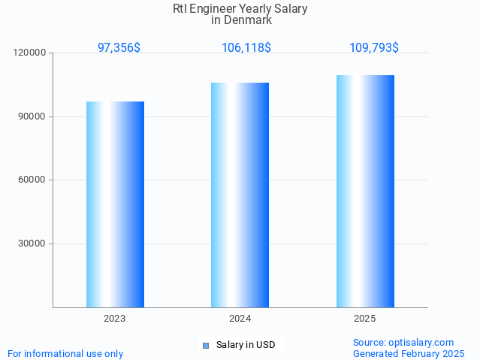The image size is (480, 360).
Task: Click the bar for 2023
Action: [115, 204]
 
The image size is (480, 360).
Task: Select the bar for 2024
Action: [240, 195]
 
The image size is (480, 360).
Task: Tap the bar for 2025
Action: [365, 191]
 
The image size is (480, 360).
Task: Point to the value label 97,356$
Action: [119, 47]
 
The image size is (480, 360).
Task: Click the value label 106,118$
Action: [246, 47]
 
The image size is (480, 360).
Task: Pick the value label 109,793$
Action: [373, 47]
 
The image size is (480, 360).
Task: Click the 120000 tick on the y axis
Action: [30, 53]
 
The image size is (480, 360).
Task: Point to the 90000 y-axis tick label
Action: [32, 116]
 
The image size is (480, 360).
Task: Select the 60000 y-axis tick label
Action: [32, 180]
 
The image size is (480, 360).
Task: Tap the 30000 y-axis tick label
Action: [32, 244]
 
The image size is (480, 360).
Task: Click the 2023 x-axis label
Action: [115, 319]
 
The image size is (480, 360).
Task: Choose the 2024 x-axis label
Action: [240, 319]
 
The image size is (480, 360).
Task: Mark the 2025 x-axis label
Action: [365, 319]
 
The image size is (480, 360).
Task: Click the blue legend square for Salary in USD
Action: [206, 346]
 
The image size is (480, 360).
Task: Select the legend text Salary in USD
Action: [246, 346]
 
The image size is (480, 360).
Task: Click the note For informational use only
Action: [65, 353]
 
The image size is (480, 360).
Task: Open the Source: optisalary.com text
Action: [403, 342]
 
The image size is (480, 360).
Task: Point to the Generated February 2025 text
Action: [409, 353]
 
